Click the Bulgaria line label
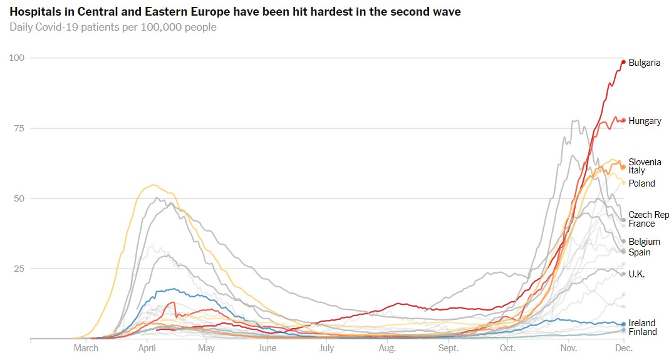click(x=644, y=63)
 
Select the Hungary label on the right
click(x=645, y=121)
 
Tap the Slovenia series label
click(x=645, y=162)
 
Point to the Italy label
click(x=636, y=170)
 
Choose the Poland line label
click(x=641, y=183)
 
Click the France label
click(x=641, y=224)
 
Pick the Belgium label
click(x=644, y=242)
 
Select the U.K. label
click(x=636, y=274)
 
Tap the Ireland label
click(x=641, y=323)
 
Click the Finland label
click(x=643, y=332)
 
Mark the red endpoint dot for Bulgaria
click(x=623, y=61)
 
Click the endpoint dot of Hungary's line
click(x=623, y=120)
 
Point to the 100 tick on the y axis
click(x=16, y=58)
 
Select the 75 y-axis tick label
click(x=19, y=128)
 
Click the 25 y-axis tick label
click(x=19, y=269)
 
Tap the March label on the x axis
click(x=86, y=348)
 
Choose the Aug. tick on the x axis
click(x=387, y=348)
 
